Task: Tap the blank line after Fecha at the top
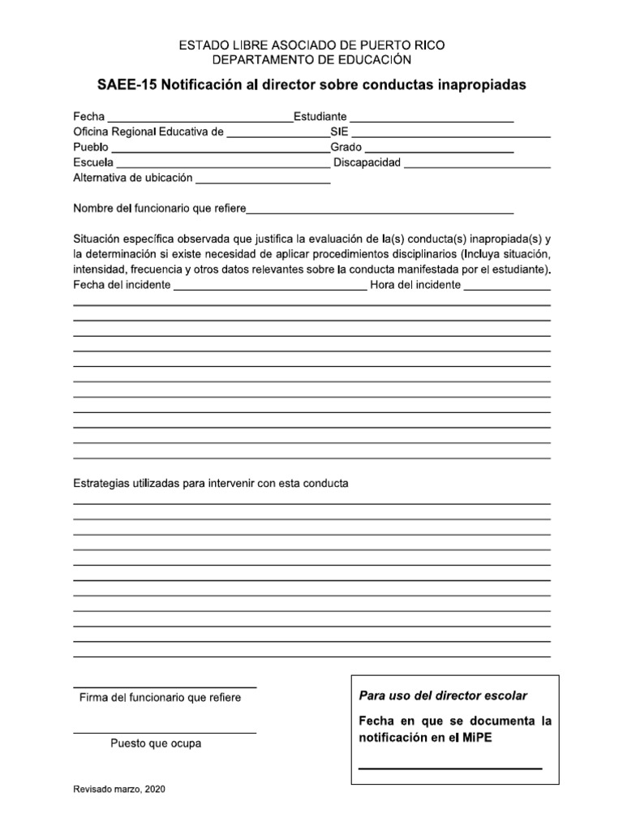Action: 200,119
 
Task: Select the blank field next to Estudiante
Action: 432,119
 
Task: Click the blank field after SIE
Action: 450,134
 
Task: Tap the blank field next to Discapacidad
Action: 477,166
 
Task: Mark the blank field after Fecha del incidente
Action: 270,288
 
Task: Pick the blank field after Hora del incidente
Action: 507,288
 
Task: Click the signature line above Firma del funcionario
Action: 165,687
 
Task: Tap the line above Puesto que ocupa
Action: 165,733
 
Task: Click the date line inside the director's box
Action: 450,768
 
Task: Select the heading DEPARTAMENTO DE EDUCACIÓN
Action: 311,60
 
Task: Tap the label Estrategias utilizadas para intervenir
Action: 211,484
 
